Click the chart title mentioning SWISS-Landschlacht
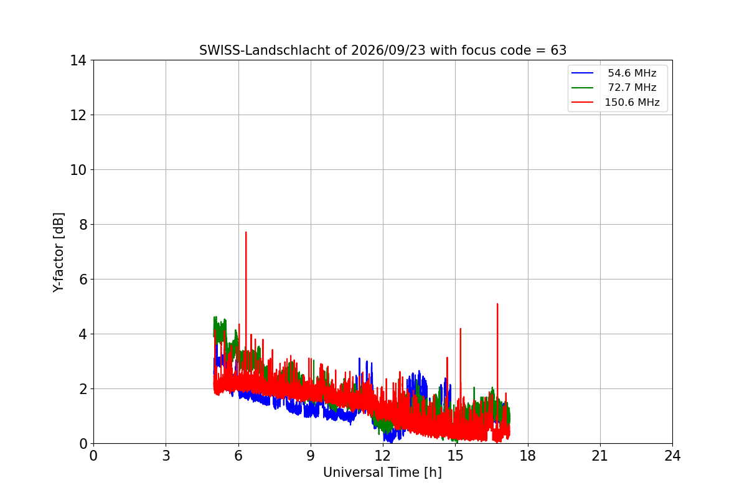(383, 50)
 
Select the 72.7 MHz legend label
(632, 87)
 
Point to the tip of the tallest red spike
(246, 232)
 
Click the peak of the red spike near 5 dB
(497, 304)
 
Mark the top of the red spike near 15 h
(461, 329)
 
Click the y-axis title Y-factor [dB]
(59, 253)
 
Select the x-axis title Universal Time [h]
(382, 472)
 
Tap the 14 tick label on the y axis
(78, 61)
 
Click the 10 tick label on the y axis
(78, 170)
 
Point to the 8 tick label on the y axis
(83, 225)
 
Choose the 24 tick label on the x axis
(672, 456)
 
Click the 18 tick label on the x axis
(528, 456)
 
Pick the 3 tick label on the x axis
(166, 456)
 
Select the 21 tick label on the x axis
(600, 456)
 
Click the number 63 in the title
(558, 50)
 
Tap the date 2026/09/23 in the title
(388, 50)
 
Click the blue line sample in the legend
(582, 73)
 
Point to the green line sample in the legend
(582, 88)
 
